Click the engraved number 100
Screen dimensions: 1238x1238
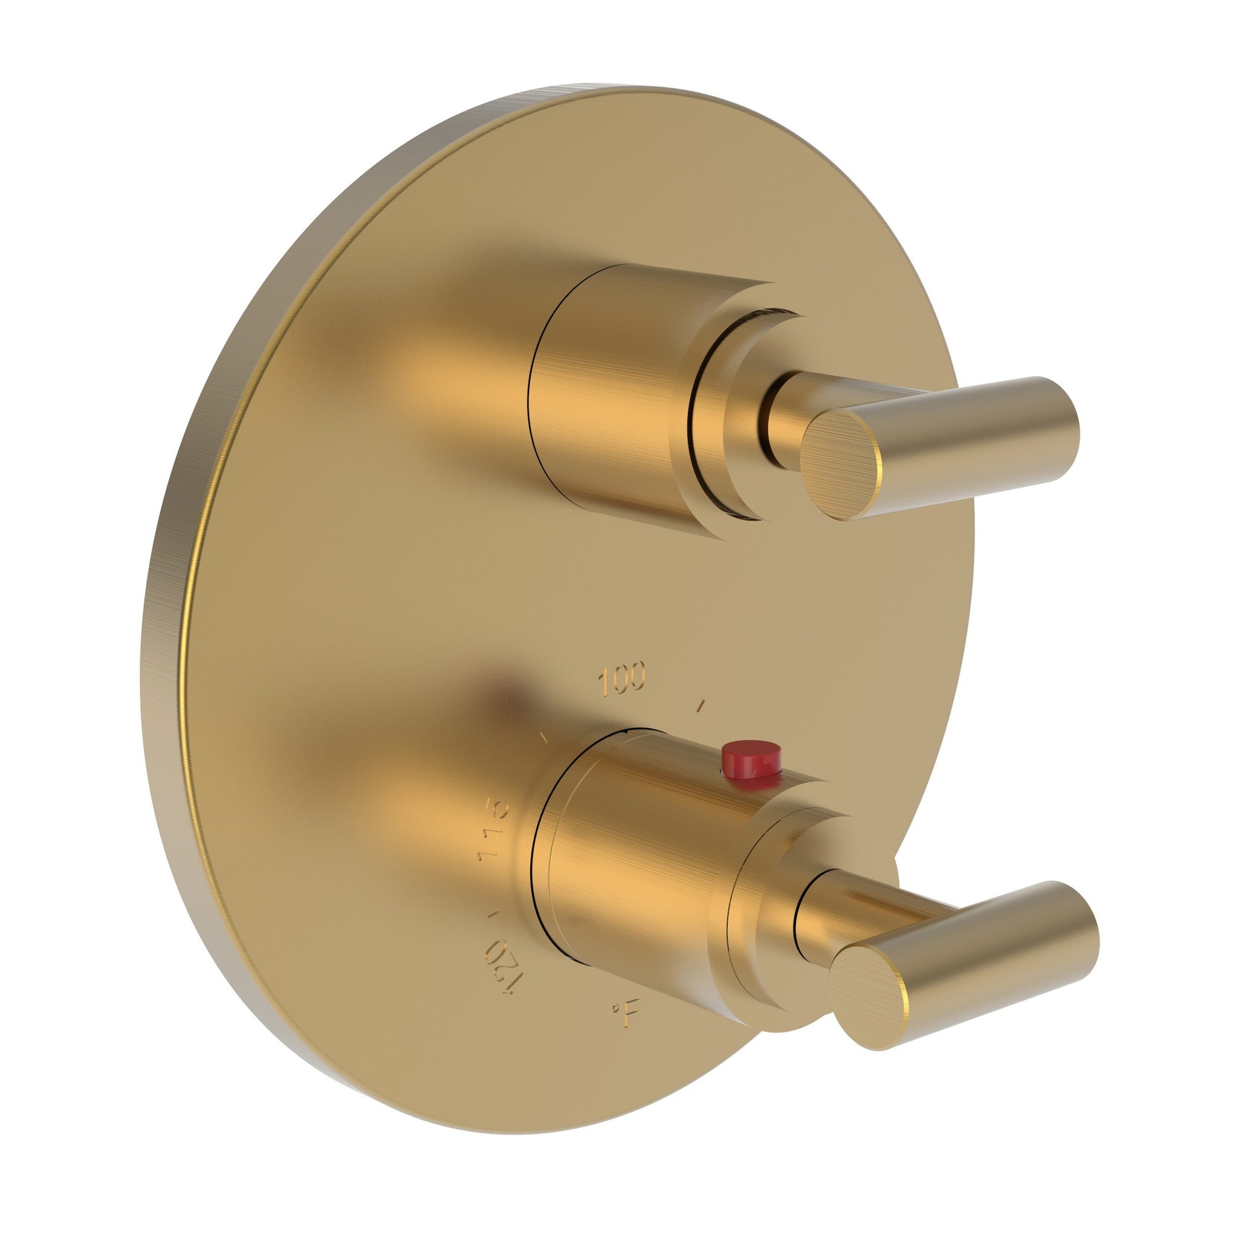[x=621, y=679]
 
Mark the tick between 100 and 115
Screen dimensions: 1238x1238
[x=545, y=737]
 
